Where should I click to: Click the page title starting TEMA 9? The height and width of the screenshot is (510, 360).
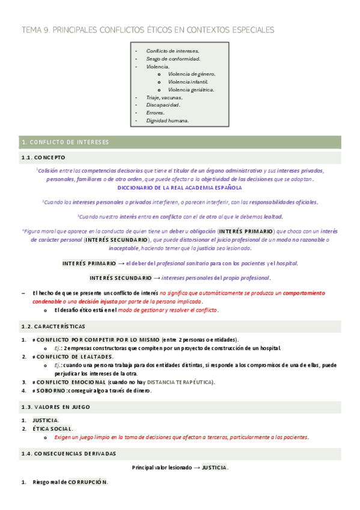pos(147,29)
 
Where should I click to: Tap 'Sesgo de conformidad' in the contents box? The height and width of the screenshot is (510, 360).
pos(173,59)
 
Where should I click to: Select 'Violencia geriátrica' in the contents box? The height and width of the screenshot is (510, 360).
pos(191,90)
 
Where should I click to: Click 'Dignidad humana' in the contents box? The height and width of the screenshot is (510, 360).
pos(167,120)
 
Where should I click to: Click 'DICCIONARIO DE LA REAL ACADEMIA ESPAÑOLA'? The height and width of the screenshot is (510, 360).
pos(180,188)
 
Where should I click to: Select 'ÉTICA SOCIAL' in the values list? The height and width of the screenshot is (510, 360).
pos(55,429)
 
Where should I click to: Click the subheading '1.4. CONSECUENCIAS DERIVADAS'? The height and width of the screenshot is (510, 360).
pos(69,453)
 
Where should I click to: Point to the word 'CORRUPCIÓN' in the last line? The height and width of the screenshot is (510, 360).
pos(88,482)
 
